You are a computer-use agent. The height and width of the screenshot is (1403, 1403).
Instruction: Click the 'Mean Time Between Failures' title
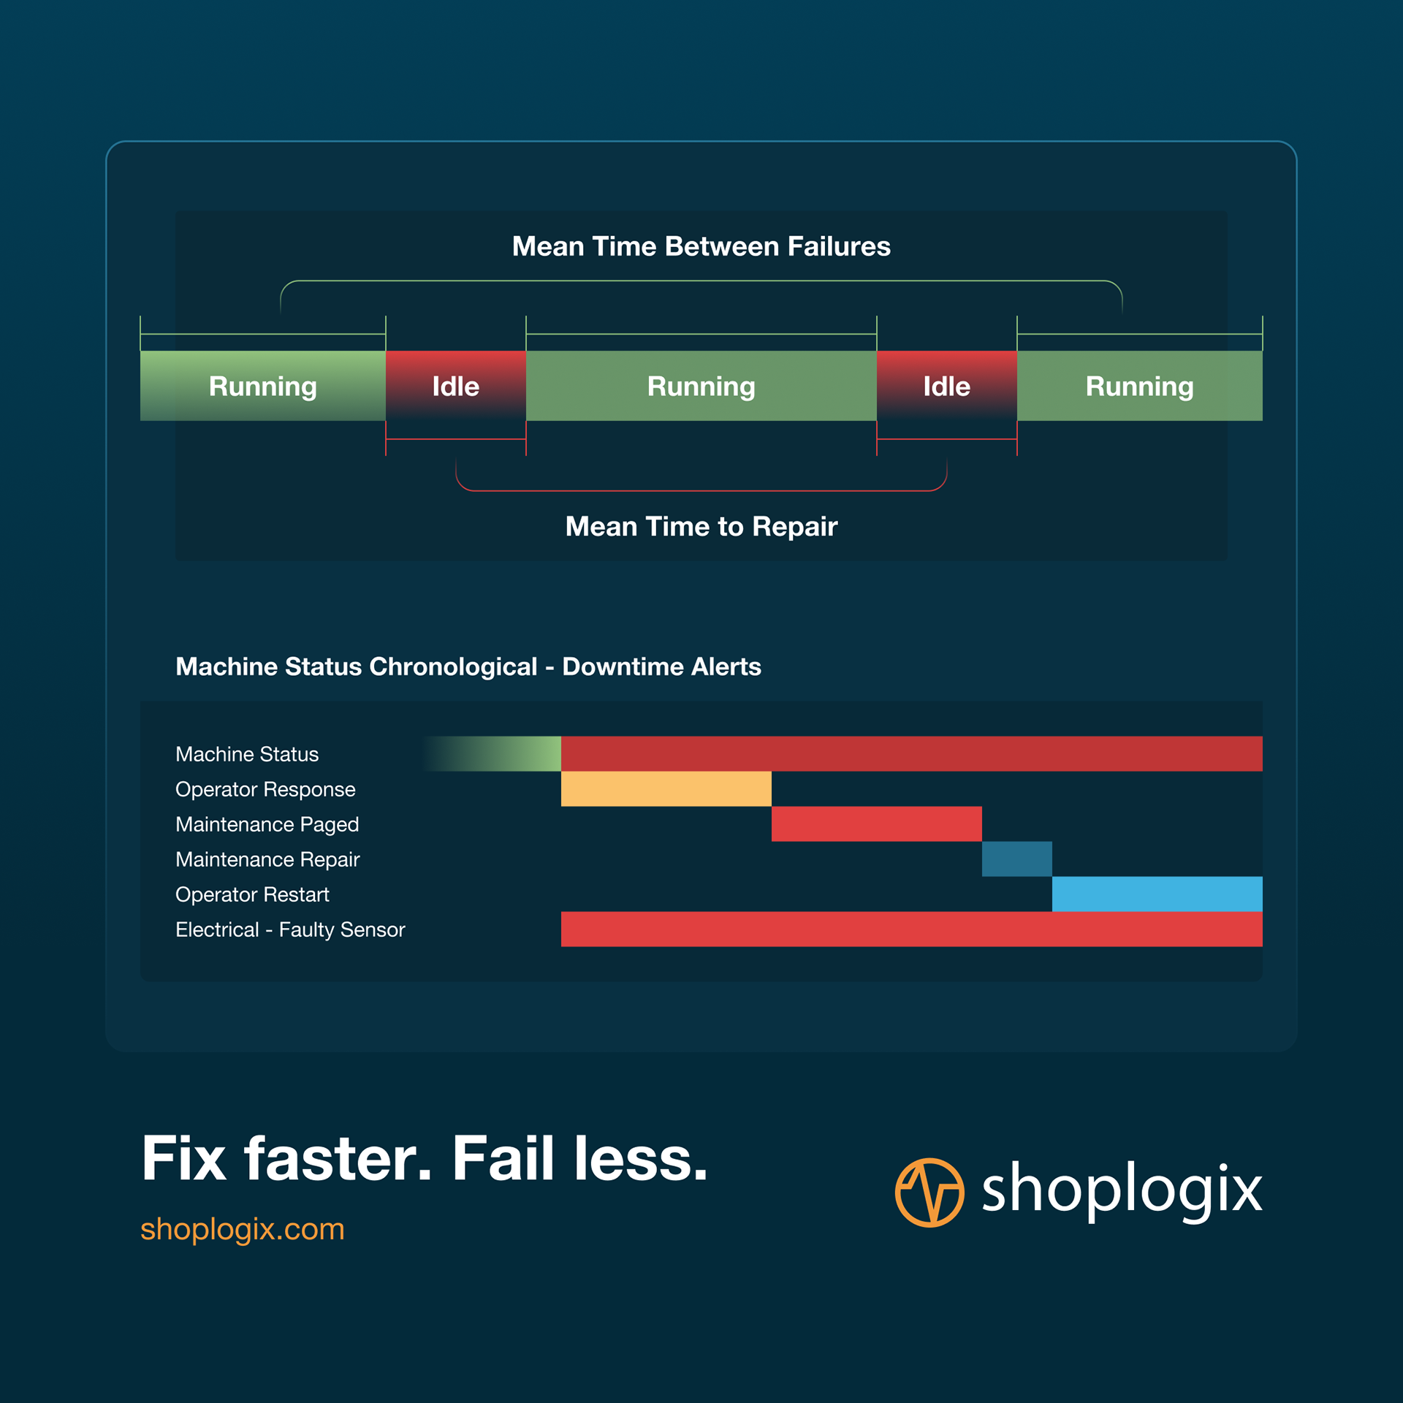pyautogui.click(x=701, y=246)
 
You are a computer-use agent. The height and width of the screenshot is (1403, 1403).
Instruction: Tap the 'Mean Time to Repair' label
pyautogui.click(x=701, y=526)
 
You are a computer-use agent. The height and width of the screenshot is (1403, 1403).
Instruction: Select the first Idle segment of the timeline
pyautogui.click(x=455, y=386)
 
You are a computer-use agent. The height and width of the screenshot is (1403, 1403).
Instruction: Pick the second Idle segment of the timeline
pyautogui.click(x=946, y=386)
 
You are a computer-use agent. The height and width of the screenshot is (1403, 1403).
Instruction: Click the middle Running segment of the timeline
pyautogui.click(x=701, y=386)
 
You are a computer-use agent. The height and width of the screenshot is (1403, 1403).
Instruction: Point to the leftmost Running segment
pyautogui.click(x=262, y=386)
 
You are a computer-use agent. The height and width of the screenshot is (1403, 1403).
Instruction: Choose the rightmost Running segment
pyautogui.click(x=1139, y=386)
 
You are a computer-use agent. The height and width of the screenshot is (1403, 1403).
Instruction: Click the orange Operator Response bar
pyautogui.click(x=666, y=788)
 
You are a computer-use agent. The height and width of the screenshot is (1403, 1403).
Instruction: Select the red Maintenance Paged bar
pyautogui.click(x=876, y=824)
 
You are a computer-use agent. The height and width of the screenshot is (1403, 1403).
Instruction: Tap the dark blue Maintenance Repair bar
pyautogui.click(x=1016, y=859)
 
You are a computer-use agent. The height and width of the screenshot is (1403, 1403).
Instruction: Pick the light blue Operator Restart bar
pyautogui.click(x=1157, y=894)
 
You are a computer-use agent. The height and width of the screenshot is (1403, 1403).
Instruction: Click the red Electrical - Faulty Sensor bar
pyautogui.click(x=911, y=929)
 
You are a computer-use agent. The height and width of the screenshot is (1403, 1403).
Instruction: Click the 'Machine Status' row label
pyautogui.click(x=247, y=754)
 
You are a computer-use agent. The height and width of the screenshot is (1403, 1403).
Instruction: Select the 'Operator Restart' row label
pyautogui.click(x=252, y=894)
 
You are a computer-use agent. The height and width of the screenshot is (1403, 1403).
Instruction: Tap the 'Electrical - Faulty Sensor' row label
pyautogui.click(x=290, y=929)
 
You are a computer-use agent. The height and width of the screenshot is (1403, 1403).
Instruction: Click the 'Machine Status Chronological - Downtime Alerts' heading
pyautogui.click(x=468, y=666)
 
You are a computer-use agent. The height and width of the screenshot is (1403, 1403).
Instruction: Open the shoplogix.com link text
pyautogui.click(x=242, y=1229)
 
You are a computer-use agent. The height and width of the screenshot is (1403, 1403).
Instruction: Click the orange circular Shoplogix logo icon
pyautogui.click(x=929, y=1193)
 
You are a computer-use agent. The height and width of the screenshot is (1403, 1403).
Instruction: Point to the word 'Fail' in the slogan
pyautogui.click(x=503, y=1159)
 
